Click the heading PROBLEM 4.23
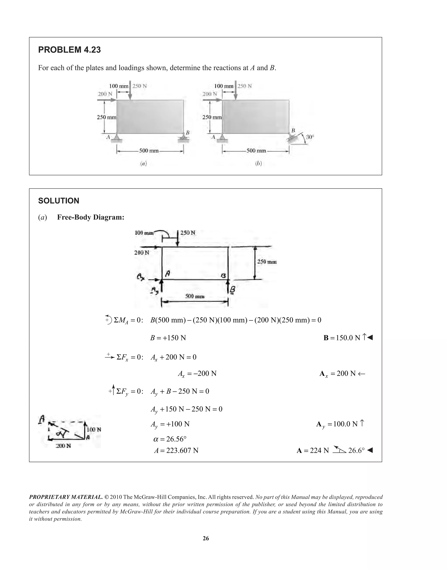coord(69,50)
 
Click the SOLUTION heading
coord(59,201)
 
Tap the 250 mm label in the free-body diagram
coord(267,262)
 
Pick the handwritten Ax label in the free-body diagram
coord(141,276)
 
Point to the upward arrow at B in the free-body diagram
coord(228,285)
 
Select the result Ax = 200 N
coord(342,373)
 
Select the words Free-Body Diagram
coord(91,217)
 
